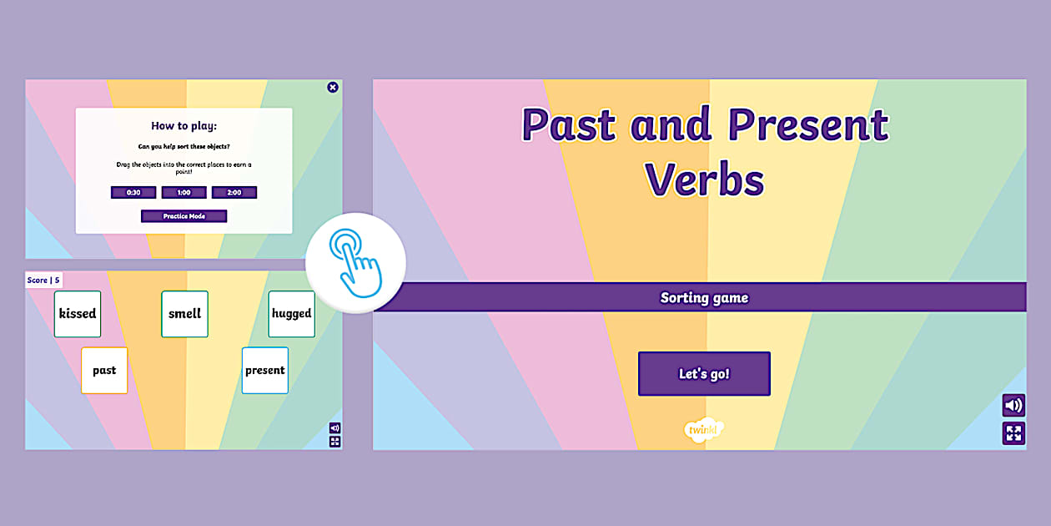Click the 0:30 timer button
(133, 192)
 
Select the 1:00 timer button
(184, 192)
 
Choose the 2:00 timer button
(234, 192)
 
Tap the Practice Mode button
(184, 216)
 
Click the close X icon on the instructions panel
(333, 87)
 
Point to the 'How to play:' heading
(184, 126)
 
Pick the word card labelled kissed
(78, 314)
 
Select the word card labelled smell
(184, 314)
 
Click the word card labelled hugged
(291, 314)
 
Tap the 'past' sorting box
(104, 370)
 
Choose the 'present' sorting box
(265, 370)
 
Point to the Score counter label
(43, 281)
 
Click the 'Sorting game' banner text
(704, 297)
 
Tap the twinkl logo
(703, 429)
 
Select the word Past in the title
(571, 124)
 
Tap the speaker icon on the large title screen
(1013, 406)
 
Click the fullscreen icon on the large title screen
(1013, 433)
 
